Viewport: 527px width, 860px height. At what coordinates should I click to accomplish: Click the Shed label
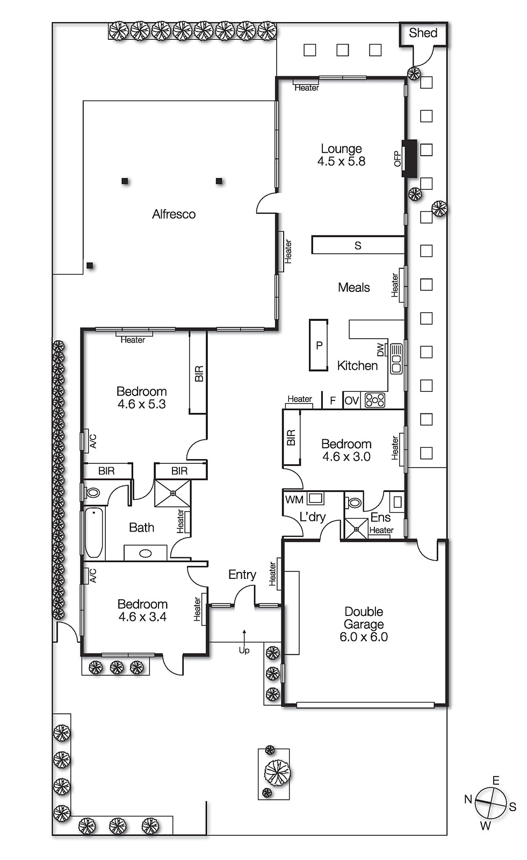[x=423, y=33]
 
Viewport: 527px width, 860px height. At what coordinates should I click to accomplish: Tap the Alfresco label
[x=174, y=214]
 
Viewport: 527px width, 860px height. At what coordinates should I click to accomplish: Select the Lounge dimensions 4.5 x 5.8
[x=341, y=161]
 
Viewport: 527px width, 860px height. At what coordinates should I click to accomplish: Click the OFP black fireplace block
[x=410, y=157]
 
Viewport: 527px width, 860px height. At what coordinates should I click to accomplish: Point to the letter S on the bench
[x=358, y=246]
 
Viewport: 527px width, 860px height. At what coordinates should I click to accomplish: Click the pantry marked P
[x=319, y=346]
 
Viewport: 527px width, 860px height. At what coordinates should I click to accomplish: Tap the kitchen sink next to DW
[x=396, y=359]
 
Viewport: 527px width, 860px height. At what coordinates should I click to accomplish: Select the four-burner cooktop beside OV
[x=374, y=400]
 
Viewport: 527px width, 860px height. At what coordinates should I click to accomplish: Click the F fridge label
[x=333, y=400]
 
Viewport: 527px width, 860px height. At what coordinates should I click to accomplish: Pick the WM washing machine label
[x=294, y=499]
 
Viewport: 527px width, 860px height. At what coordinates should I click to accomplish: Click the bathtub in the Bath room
[x=94, y=533]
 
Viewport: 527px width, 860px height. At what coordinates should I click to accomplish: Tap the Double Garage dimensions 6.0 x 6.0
[x=363, y=637]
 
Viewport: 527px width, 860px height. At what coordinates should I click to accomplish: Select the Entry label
[x=242, y=575]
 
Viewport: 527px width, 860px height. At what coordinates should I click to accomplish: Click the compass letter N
[x=468, y=799]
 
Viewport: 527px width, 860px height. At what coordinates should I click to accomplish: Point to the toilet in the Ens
[x=354, y=503]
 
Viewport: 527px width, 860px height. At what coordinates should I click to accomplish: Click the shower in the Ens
[x=356, y=528]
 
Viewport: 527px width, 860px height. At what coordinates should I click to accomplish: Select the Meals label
[x=353, y=288]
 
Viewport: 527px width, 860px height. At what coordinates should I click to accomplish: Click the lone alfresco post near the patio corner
[x=90, y=266]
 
